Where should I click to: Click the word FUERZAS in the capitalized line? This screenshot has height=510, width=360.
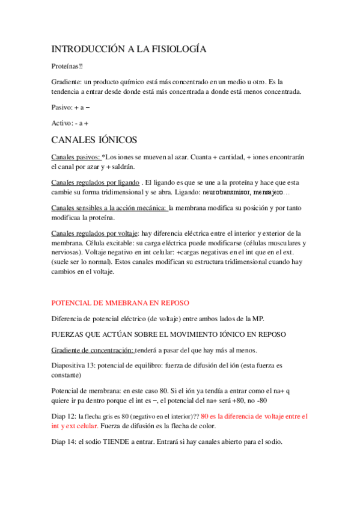70,334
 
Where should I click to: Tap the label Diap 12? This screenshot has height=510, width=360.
64,416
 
